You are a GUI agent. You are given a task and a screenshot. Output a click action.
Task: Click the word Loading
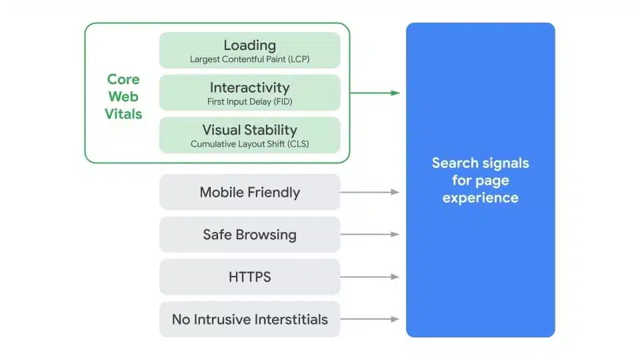[249, 45]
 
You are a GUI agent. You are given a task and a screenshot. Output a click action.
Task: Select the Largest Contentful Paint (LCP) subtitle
[249, 59]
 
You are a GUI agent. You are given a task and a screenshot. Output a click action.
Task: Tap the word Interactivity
[249, 87]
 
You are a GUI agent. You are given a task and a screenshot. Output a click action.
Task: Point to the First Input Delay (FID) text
[249, 102]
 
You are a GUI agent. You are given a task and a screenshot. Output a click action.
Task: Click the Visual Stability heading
[249, 130]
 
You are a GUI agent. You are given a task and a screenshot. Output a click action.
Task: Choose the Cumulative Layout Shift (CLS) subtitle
[249, 144]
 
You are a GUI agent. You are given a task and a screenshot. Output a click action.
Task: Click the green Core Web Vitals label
[123, 97]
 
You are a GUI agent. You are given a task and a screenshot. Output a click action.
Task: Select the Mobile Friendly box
[249, 193]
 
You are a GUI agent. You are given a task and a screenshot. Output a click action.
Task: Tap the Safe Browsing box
[249, 235]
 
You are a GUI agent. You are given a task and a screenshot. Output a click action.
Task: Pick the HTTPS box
[249, 277]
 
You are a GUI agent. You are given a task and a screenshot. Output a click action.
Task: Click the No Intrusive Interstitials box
[249, 319]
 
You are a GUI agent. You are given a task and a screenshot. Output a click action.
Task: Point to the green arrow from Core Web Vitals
[375, 93]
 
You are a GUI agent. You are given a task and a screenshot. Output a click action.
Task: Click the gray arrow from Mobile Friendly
[370, 192]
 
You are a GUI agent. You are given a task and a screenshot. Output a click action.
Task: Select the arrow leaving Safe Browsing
[370, 235]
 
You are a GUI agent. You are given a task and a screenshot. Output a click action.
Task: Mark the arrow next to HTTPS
[370, 277]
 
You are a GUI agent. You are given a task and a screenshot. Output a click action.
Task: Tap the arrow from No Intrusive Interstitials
[370, 319]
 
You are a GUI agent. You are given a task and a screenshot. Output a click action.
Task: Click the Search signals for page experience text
[480, 180]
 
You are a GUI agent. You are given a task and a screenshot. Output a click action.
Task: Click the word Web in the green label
[123, 97]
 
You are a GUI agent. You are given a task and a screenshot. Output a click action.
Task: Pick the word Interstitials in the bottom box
[287, 319]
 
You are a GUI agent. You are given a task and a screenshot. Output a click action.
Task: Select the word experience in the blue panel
[480, 198]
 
